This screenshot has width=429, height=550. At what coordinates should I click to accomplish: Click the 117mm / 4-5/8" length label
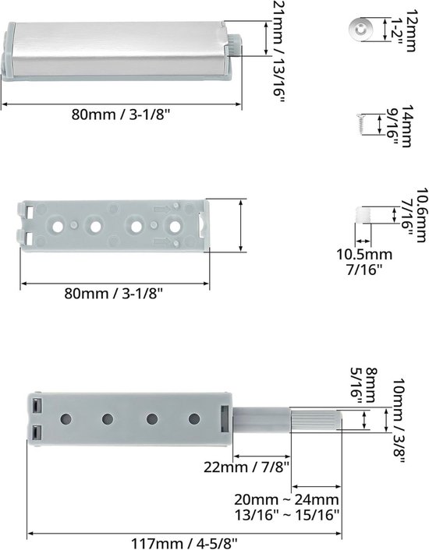pyautogui.click(x=184, y=544)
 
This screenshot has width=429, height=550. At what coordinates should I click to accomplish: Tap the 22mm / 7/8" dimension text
pyautogui.click(x=246, y=467)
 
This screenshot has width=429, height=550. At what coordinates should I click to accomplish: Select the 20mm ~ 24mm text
pyautogui.click(x=286, y=499)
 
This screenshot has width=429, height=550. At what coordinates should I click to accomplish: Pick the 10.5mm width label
pyautogui.click(x=364, y=254)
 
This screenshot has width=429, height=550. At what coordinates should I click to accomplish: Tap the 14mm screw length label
pyautogui.click(x=407, y=125)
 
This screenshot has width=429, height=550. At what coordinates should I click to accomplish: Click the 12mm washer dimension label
pyautogui.click(x=411, y=30)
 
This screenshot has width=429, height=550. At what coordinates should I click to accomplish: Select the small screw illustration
pyautogui.click(x=360, y=124)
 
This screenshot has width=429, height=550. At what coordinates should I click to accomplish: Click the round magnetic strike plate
pyautogui.click(x=360, y=29)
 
